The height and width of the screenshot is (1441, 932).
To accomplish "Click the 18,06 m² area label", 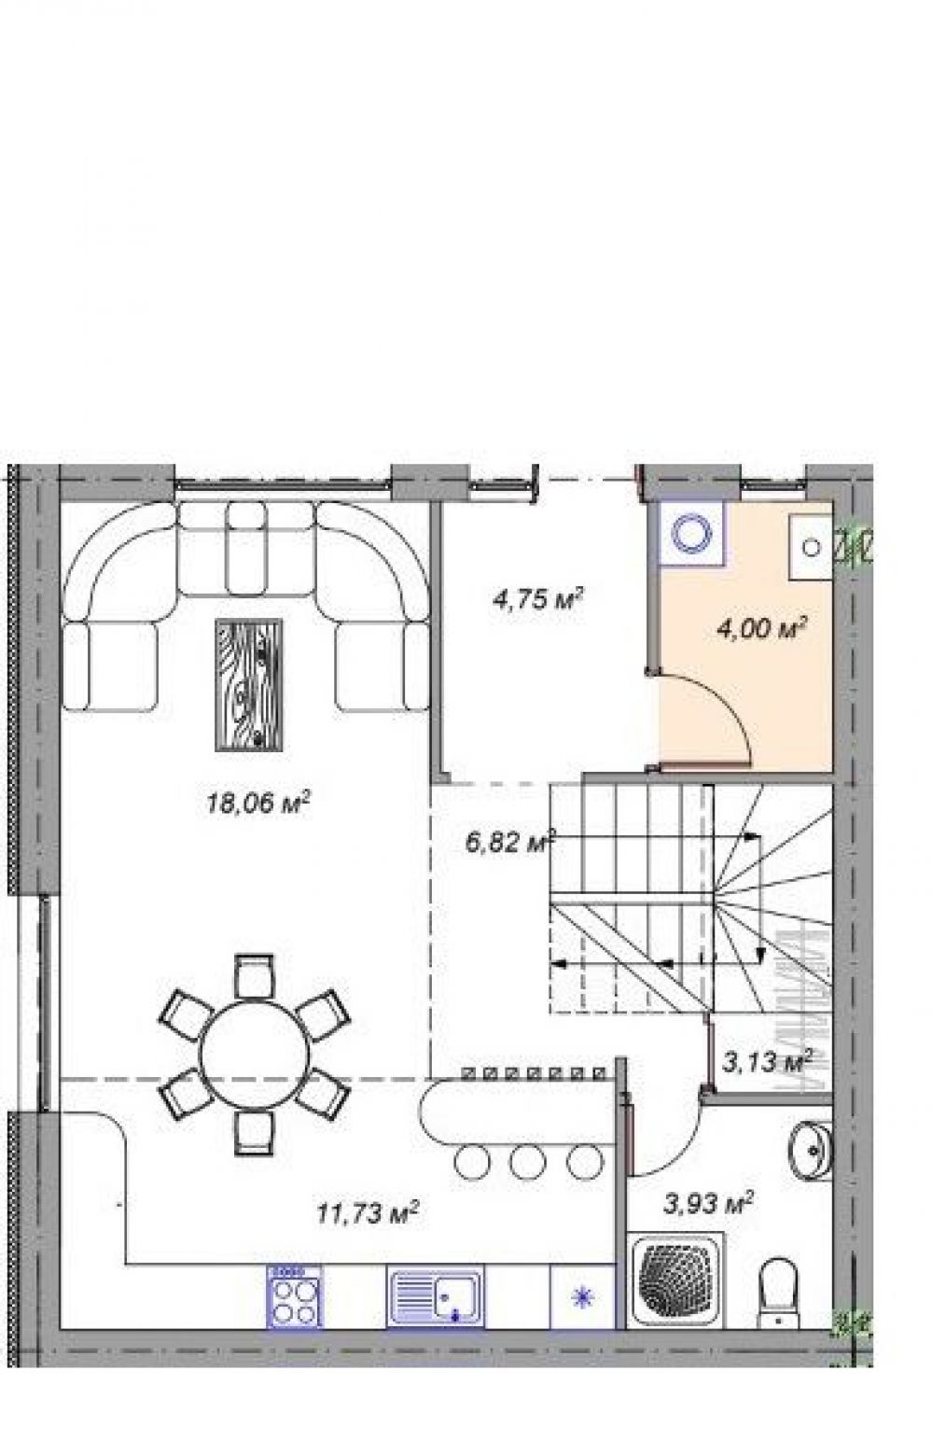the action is tap(259, 803).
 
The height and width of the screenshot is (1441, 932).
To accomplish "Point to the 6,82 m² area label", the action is tap(510, 842).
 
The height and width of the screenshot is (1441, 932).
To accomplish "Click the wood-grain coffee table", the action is tap(249, 684).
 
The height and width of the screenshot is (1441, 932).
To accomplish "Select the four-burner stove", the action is tap(295, 1303).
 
